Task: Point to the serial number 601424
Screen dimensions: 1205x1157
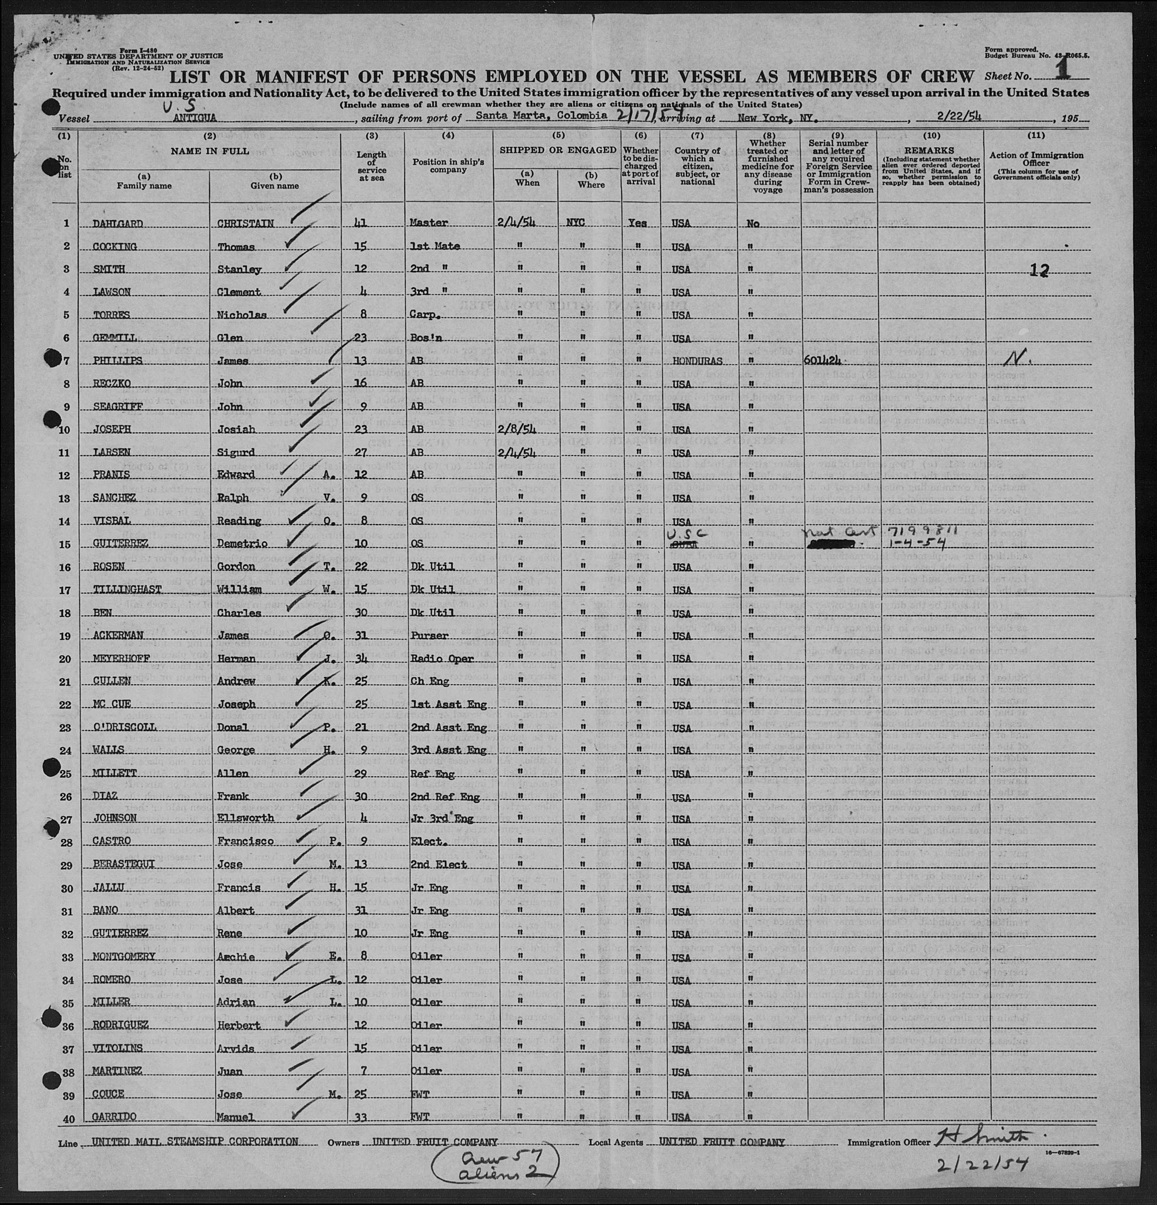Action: [823, 360]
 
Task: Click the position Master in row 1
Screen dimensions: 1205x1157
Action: [428, 223]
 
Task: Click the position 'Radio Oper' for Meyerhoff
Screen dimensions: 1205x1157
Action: [441, 658]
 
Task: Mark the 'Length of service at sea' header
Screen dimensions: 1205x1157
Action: [372, 166]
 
